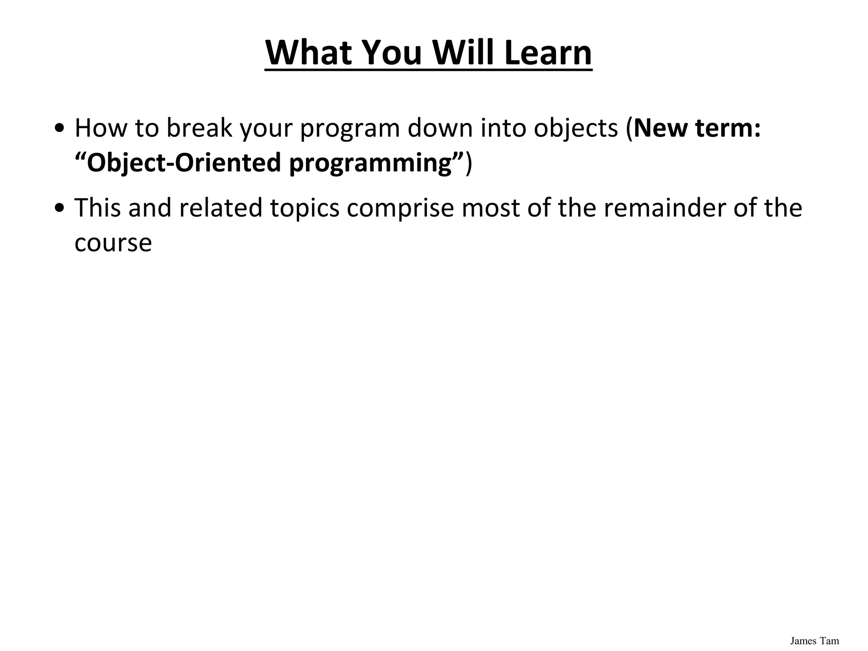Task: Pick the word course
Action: [x=113, y=243]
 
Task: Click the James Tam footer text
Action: [x=814, y=640]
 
